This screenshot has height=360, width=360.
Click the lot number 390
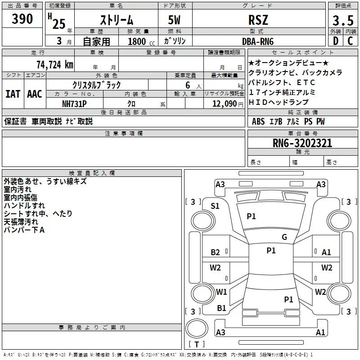(22, 19)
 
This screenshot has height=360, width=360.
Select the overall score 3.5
(342, 21)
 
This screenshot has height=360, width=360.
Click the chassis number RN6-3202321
(302, 143)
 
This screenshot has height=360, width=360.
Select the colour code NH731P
(75, 103)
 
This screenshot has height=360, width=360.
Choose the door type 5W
(175, 21)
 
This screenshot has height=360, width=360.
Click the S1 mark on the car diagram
(215, 206)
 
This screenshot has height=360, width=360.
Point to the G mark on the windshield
(284, 237)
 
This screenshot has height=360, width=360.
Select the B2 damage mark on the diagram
(216, 252)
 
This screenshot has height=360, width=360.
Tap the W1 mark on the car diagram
(221, 292)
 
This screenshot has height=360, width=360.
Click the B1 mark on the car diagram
(221, 308)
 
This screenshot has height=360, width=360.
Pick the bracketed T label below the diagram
(197, 344)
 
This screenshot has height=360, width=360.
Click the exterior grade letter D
(335, 41)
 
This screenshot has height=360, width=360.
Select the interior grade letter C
(350, 41)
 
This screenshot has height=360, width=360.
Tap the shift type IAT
(13, 94)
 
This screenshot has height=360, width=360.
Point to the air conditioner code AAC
(34, 94)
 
